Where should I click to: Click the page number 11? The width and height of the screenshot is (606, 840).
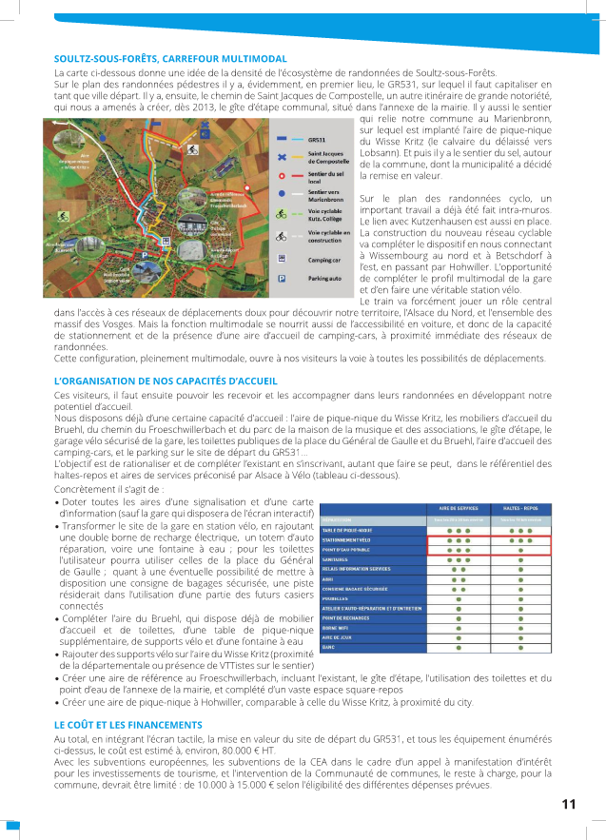coord(569,804)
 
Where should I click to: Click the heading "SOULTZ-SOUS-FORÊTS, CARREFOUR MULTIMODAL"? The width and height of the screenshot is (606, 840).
coord(170,59)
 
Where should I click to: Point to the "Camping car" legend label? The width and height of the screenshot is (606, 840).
coord(323,259)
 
